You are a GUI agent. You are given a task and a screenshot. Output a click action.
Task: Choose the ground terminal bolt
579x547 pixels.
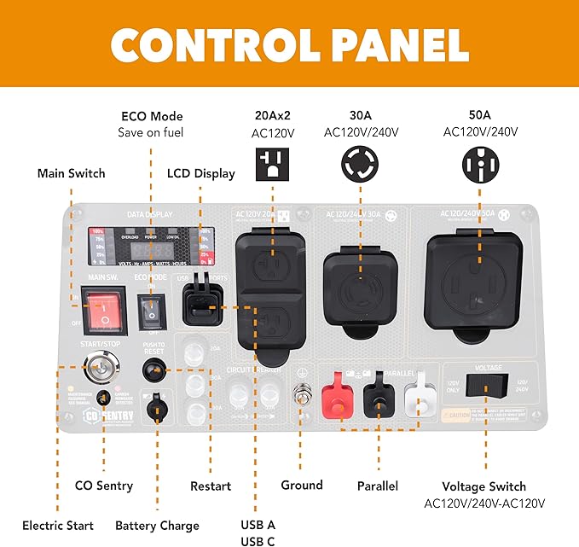coord(300,396)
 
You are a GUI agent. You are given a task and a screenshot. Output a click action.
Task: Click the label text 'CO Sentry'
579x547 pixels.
coord(104,486)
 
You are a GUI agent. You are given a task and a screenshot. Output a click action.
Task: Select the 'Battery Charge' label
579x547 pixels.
coord(157,526)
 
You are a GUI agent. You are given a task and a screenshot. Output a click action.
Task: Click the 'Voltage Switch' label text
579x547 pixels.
coord(483,486)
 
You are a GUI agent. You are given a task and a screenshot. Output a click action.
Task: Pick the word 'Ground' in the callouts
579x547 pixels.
coord(302,485)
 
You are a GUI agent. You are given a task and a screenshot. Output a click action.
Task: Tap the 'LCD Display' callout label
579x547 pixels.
coord(202,173)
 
